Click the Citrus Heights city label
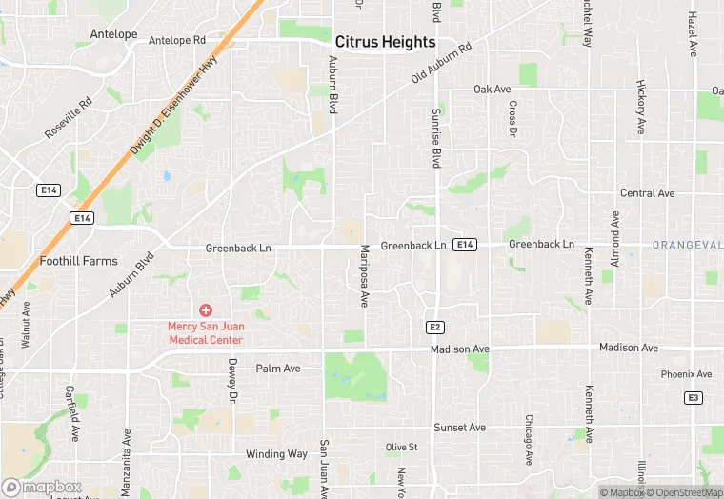385,43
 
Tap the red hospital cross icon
205,310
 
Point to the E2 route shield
435,327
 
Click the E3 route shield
694,397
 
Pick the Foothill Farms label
79,261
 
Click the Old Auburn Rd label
441,63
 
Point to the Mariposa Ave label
363,276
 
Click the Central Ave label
647,193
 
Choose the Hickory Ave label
641,107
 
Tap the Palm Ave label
278,369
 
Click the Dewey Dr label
231,379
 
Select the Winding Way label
277,454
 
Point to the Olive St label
401,447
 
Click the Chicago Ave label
528,439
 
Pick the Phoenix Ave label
686,374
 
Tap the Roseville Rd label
72,117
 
